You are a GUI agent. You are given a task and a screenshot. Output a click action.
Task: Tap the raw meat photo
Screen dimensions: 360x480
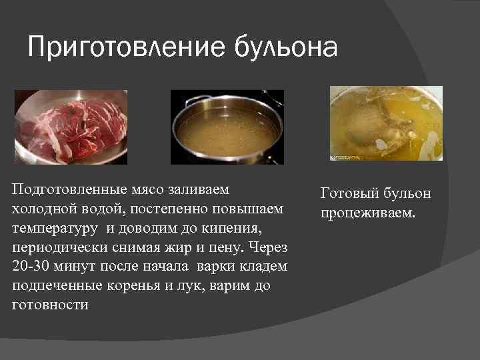pos(71,127)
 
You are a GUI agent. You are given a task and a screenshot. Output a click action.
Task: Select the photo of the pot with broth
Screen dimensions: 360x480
pos(227,127)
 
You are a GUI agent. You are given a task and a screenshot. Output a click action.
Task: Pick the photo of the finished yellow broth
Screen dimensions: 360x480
pos(386,124)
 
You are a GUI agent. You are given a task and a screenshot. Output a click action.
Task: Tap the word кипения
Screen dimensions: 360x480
pos(234,228)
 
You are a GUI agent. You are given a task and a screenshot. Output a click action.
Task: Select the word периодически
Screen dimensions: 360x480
pos(59,247)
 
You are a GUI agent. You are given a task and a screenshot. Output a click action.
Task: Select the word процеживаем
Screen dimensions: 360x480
pos(367,214)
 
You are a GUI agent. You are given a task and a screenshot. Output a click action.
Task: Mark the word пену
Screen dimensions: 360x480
pos(226,247)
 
